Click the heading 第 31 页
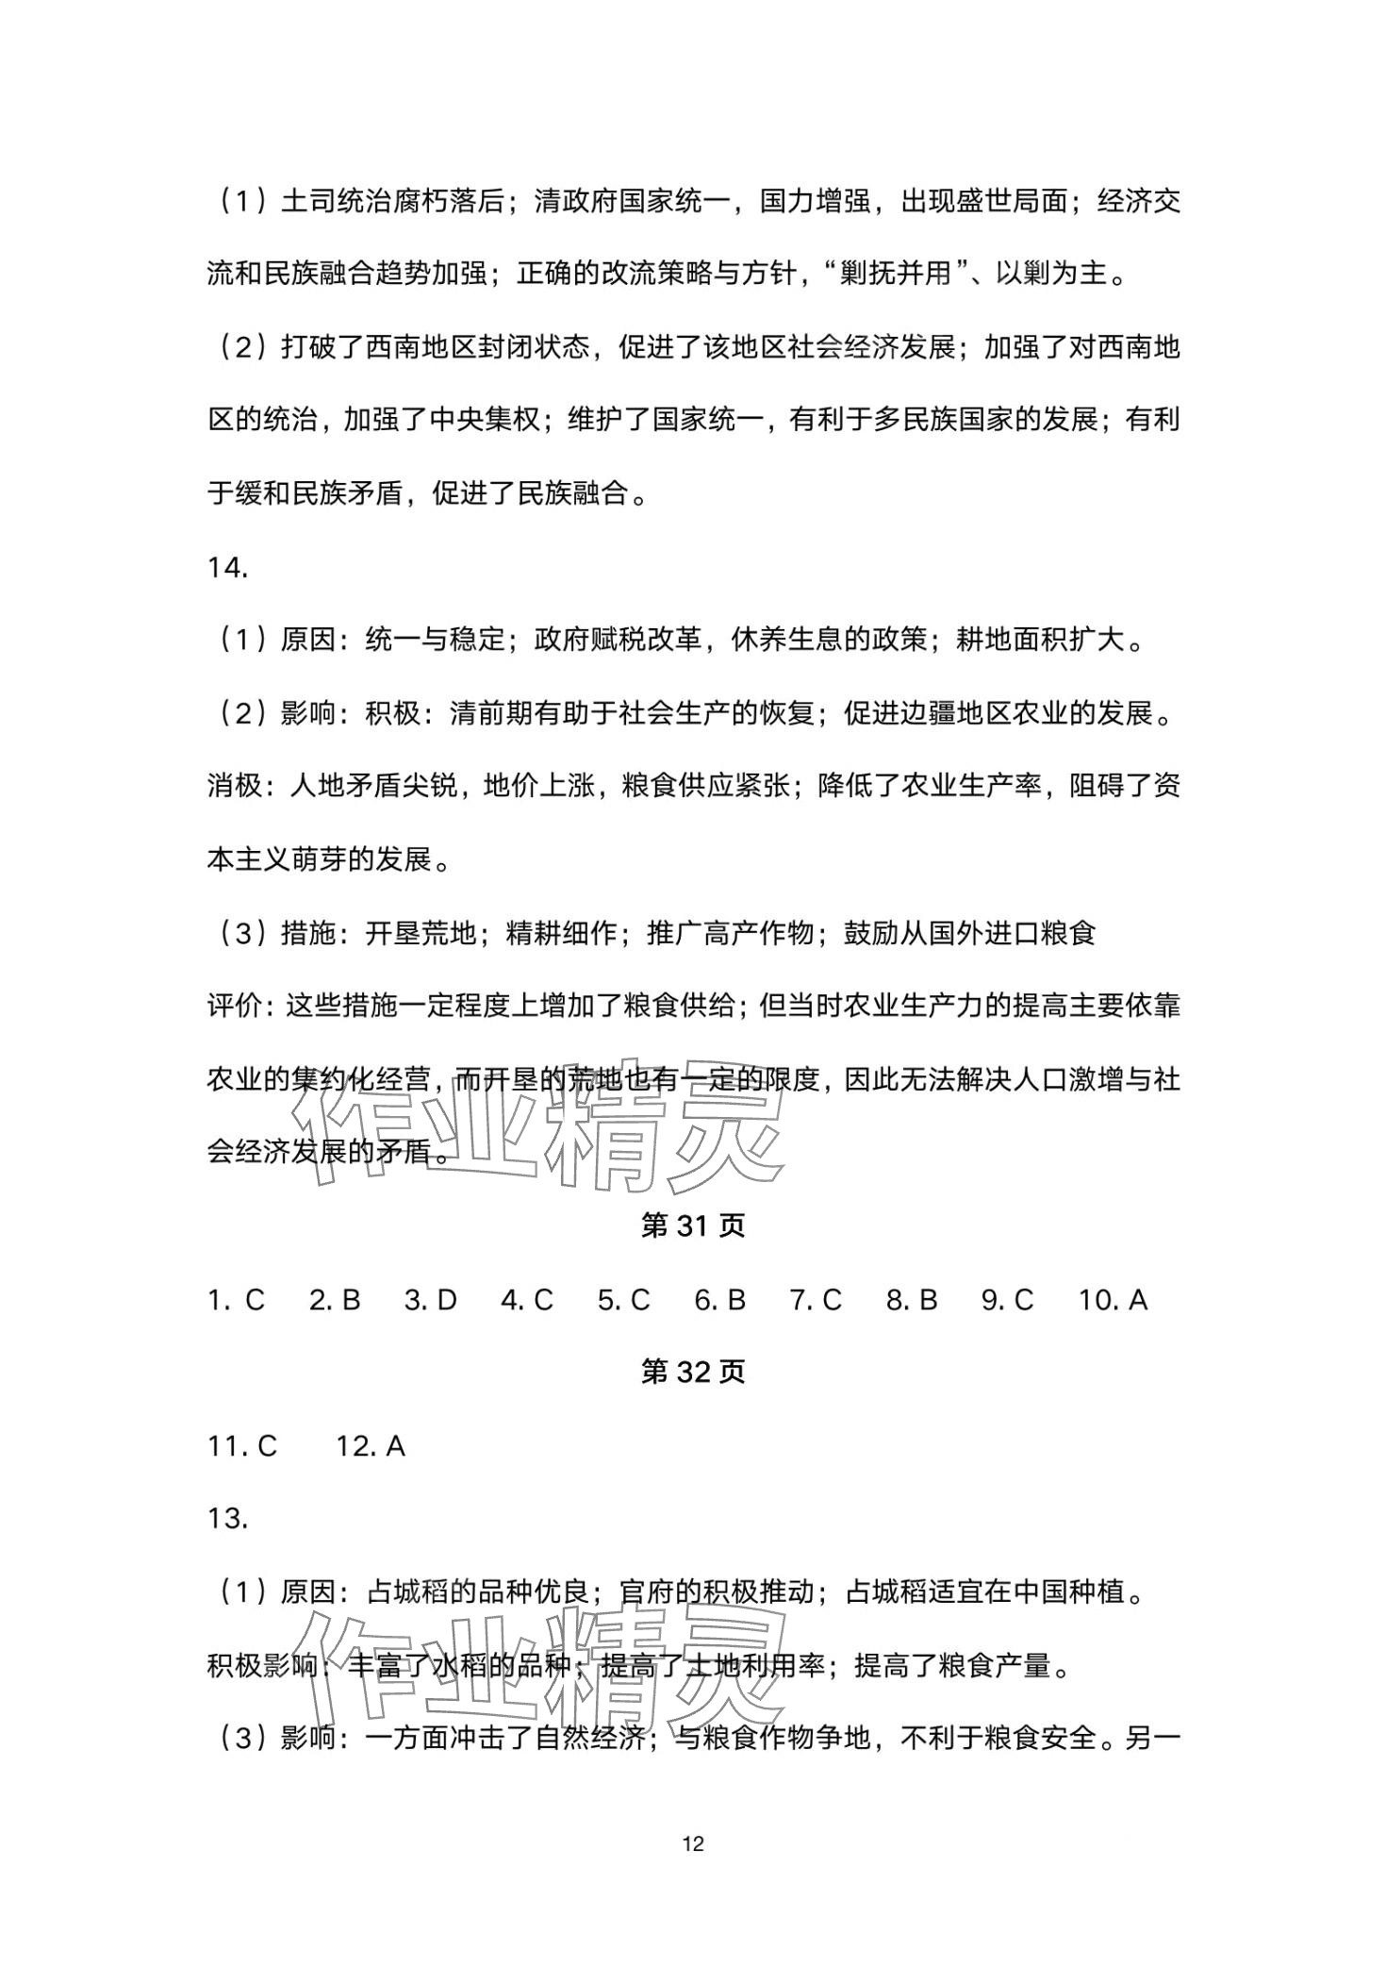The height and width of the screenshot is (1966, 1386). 692,1225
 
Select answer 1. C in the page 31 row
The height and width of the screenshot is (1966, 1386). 236,1300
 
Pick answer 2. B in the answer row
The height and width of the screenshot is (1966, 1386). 335,1300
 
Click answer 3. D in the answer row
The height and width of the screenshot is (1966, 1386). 430,1300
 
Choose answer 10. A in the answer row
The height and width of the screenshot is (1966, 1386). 1113,1300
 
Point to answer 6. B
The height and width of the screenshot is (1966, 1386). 719,1300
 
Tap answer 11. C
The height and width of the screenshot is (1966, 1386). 242,1445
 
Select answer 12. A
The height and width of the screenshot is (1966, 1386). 371,1445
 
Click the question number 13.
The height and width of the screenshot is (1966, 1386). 228,1519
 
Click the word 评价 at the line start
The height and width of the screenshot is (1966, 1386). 234,1007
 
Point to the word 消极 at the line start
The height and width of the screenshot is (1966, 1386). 234,786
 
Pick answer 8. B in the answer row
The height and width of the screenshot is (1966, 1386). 912,1300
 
